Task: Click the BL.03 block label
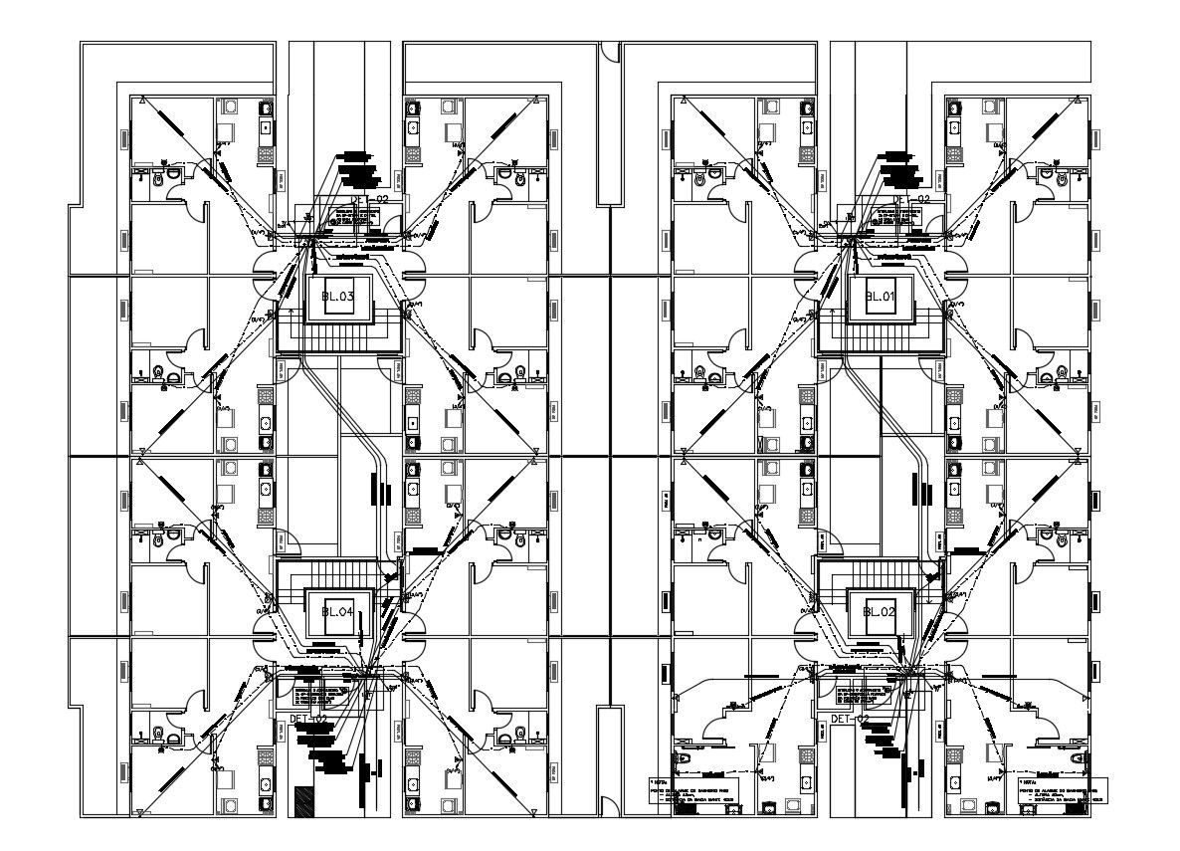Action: [338, 297]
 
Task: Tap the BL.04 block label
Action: [338, 611]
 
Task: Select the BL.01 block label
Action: [881, 297]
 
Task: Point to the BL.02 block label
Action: [881, 611]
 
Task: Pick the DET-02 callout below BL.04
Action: [307, 718]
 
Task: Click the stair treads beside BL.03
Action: [338, 339]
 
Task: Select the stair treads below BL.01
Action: [881, 339]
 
